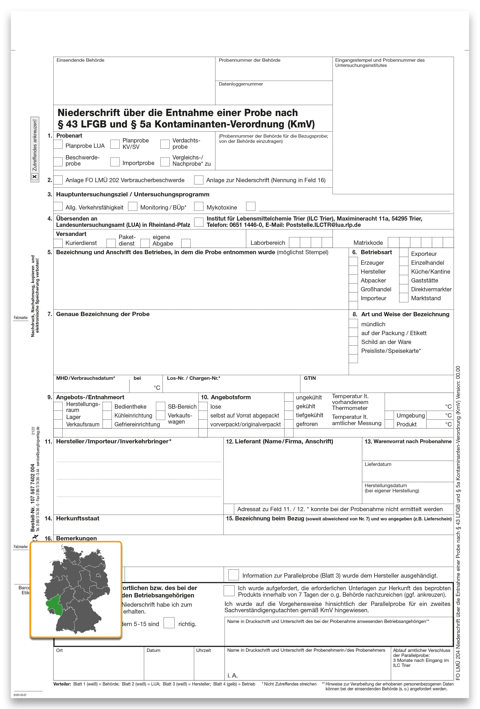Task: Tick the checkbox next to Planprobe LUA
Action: [x=58, y=144]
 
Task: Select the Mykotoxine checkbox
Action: [x=199, y=207]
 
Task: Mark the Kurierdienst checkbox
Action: [x=58, y=243]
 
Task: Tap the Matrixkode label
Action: [x=368, y=243]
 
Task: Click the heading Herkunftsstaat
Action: [x=78, y=518]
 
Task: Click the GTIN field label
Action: [x=309, y=378]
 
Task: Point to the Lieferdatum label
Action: [x=378, y=464]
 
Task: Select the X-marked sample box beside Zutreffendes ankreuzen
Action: [x=35, y=176]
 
